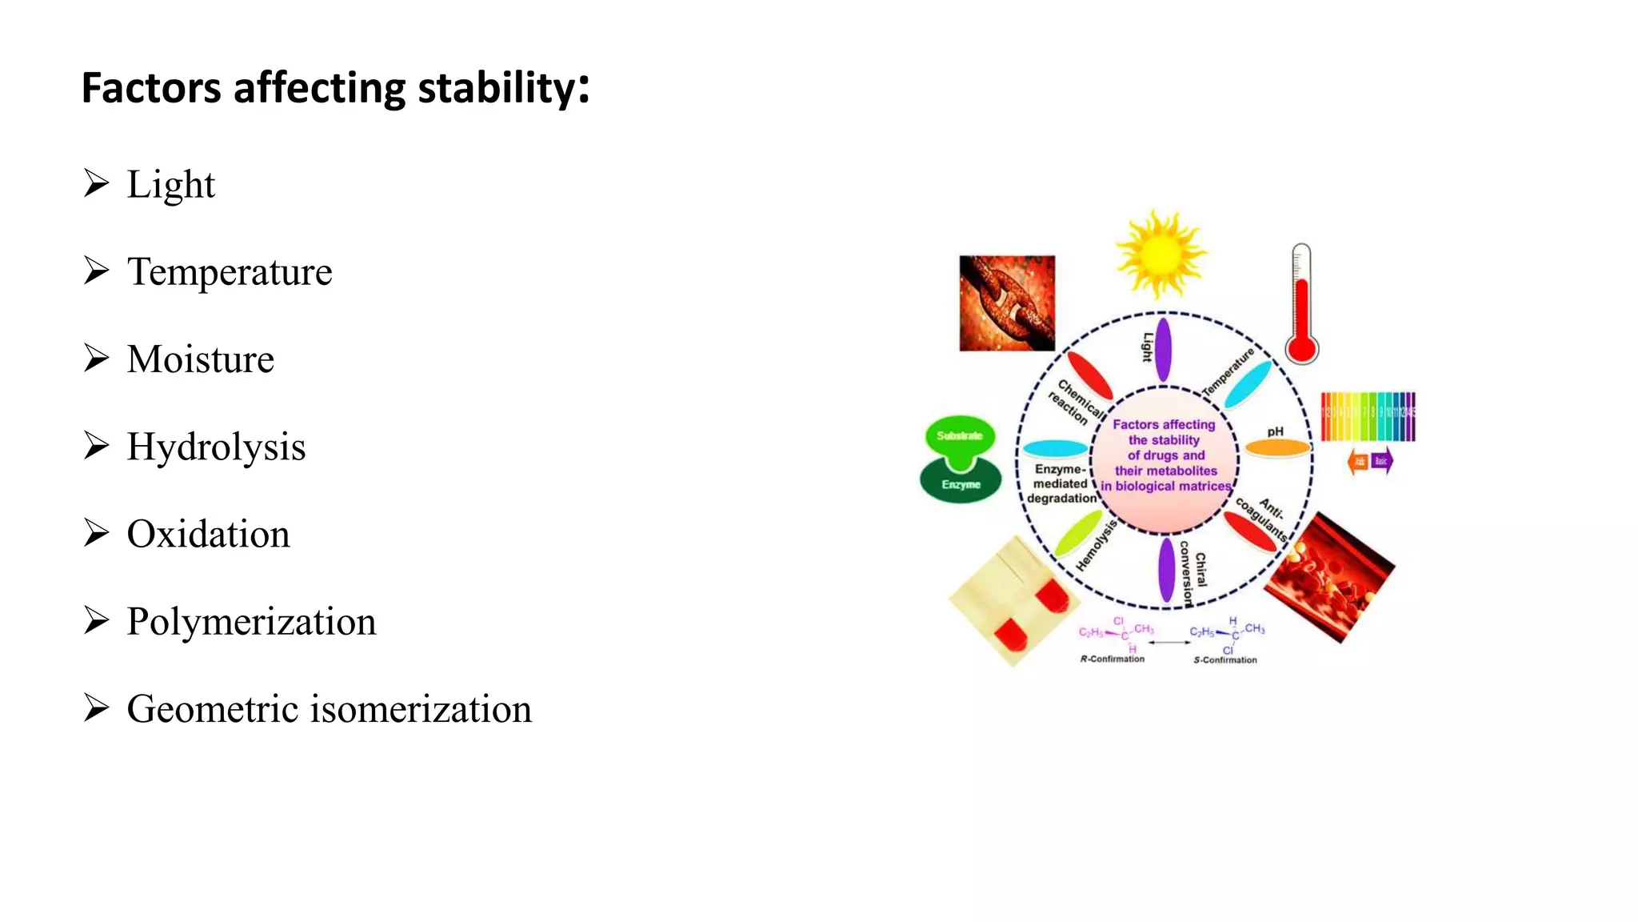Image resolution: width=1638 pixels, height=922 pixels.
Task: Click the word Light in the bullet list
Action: point(170,185)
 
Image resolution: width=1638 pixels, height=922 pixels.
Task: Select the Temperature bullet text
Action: point(230,272)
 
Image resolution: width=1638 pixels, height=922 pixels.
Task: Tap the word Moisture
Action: point(200,359)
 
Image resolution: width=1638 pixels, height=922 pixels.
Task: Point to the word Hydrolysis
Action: point(216,447)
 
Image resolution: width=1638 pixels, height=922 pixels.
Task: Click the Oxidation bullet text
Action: point(208,534)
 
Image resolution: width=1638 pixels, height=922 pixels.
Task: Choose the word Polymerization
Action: point(251,622)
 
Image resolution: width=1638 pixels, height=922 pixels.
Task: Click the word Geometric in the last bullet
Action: point(211,709)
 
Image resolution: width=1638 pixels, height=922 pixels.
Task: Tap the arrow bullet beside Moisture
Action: point(96,359)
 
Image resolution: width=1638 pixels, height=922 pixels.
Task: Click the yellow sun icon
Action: point(1161,255)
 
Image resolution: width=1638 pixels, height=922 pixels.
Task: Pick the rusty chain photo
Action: point(1007,303)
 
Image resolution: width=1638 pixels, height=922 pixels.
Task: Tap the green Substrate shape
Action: point(960,437)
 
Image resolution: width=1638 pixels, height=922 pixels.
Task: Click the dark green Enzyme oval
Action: point(961,483)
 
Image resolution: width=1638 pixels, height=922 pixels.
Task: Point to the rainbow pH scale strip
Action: point(1368,416)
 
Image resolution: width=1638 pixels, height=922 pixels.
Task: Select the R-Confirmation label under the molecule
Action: point(1112,659)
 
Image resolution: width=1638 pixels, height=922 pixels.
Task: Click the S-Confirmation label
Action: point(1225,659)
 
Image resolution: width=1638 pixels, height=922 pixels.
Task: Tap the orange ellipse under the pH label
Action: point(1277,448)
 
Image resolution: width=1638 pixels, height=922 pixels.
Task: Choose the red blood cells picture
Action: point(1329,578)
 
